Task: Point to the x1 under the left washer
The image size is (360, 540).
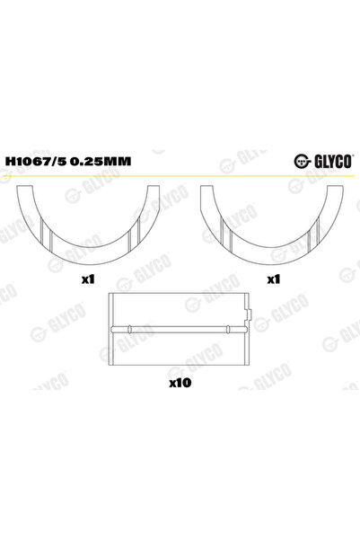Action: click(88, 279)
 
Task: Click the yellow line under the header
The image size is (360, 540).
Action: click(180, 176)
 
